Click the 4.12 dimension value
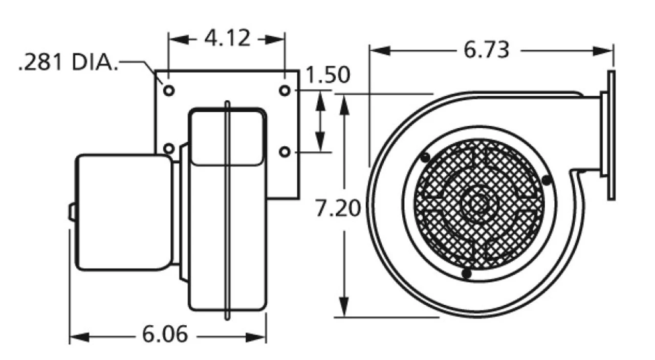(x=227, y=38)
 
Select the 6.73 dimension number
(x=486, y=50)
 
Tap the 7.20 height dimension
(x=338, y=209)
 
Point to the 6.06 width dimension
(x=165, y=335)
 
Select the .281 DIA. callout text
(x=68, y=63)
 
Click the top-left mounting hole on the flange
(x=169, y=91)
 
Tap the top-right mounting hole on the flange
(x=285, y=91)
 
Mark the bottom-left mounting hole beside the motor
(x=169, y=149)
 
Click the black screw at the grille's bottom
(x=466, y=274)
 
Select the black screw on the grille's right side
(x=546, y=180)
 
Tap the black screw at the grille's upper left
(x=425, y=158)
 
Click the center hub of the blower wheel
(x=479, y=203)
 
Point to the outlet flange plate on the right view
(x=610, y=135)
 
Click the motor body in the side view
(x=124, y=212)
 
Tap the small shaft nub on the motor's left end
(x=72, y=212)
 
